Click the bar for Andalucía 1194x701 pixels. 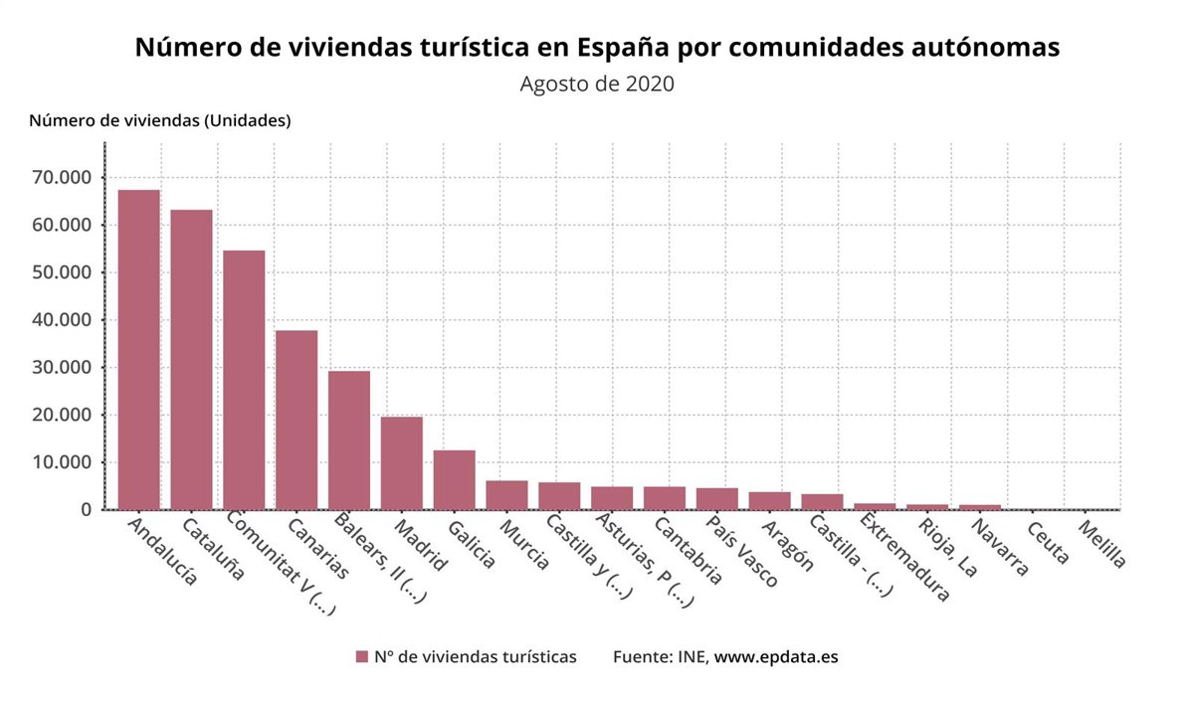[x=138, y=350]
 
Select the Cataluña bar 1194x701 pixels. [x=191, y=360]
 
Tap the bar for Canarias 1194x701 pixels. [x=297, y=420]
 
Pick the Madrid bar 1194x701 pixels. [x=402, y=463]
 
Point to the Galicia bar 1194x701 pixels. [x=454, y=480]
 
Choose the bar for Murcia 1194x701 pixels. [x=506, y=495]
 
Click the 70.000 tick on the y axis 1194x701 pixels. [x=62, y=178]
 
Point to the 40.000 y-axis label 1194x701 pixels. [x=62, y=320]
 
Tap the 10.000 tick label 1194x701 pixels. [x=62, y=462]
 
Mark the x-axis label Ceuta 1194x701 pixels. [x=1047, y=543]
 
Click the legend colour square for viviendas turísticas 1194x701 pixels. [x=362, y=657]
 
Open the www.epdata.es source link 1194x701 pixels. [x=776, y=657]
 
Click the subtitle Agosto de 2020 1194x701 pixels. [x=597, y=84]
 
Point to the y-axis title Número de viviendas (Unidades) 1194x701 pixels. [x=160, y=121]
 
